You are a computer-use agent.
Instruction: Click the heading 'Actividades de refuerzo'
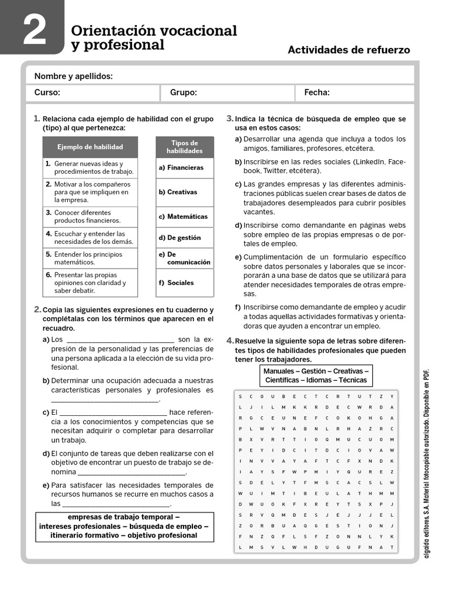pyautogui.click(x=348, y=50)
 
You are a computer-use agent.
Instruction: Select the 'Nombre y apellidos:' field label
pyautogui.click(x=74, y=76)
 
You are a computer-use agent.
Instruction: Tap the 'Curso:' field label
pyautogui.click(x=47, y=92)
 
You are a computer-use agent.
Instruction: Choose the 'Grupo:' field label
pyautogui.click(x=184, y=92)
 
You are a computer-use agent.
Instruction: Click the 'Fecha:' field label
pyautogui.click(x=317, y=92)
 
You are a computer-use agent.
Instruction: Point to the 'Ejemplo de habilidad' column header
pyautogui.click(x=90, y=147)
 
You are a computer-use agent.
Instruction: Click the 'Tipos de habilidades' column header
pyautogui.click(x=184, y=147)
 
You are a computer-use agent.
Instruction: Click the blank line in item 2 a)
pyautogui.click(x=120, y=340)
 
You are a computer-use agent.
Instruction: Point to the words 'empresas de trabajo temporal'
pyautogui.click(x=124, y=517)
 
